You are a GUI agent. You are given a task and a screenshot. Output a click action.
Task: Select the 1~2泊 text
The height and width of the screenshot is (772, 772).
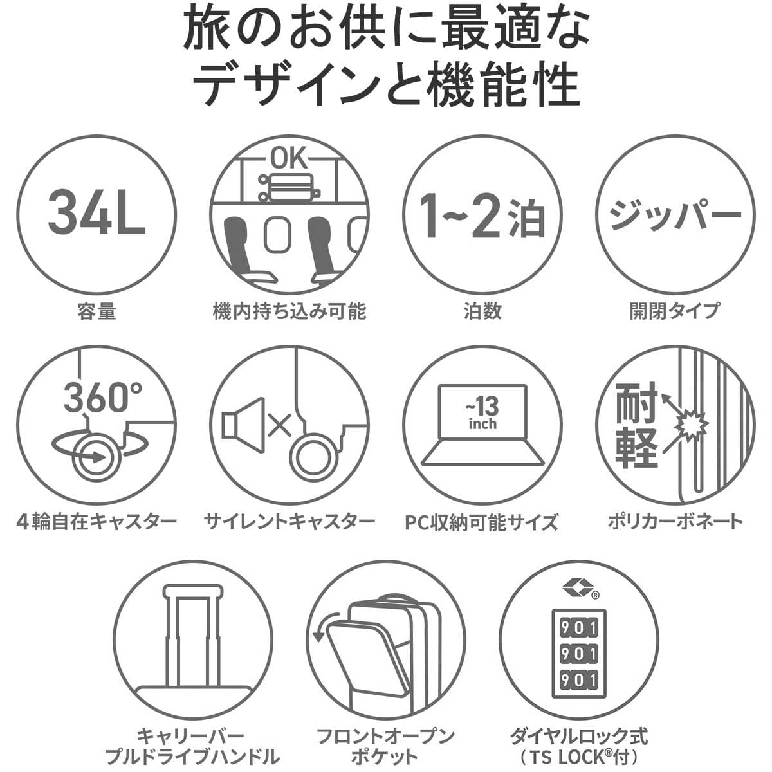482,216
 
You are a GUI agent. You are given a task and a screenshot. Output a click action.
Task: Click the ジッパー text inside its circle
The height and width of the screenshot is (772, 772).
675,215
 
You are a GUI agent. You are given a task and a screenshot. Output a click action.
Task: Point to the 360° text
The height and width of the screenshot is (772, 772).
104,398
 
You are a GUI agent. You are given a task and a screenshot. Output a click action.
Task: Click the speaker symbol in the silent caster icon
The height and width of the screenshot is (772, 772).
243,425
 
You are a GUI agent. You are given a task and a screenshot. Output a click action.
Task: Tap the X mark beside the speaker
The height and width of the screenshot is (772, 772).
279,425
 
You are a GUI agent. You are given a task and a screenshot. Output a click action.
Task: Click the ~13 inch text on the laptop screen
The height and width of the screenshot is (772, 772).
482,412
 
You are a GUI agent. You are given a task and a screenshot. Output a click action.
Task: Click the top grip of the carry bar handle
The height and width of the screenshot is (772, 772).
193,591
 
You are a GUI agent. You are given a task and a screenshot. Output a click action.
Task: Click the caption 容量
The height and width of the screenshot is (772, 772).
96,311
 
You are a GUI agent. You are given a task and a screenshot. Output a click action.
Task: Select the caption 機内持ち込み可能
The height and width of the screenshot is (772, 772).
289,311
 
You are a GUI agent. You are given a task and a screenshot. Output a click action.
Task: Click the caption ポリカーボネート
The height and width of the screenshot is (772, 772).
675,522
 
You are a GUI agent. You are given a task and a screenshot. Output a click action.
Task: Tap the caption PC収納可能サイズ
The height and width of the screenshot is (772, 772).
482,522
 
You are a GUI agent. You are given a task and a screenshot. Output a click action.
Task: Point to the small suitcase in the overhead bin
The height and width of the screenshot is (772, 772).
289,187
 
